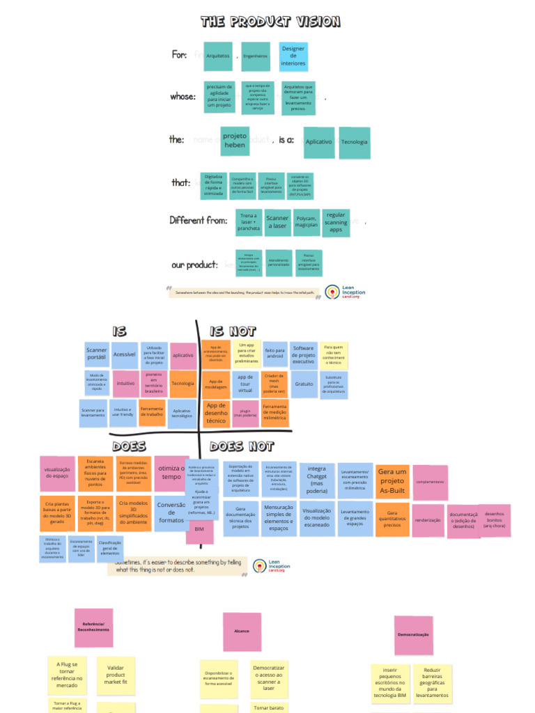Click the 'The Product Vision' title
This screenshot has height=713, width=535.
point(270,22)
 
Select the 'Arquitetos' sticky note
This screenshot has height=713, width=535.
point(218,56)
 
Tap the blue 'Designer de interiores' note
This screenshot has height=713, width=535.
point(293,56)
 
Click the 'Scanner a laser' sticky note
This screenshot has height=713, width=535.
point(277,223)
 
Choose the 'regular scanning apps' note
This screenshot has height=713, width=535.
point(336,223)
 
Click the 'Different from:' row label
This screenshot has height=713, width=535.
point(199,220)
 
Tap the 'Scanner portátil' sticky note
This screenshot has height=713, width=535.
point(96,354)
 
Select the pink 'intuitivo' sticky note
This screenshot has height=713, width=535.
point(125,383)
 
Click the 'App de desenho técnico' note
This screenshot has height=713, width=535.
point(217,412)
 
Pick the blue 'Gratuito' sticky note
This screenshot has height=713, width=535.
point(304,384)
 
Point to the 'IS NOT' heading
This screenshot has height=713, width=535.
point(233,331)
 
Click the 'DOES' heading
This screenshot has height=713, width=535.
point(129,446)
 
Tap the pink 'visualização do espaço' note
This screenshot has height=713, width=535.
point(57,473)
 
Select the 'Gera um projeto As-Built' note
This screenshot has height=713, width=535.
point(391,480)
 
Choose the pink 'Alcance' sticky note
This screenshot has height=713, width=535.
point(242,632)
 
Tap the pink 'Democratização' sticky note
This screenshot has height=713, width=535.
point(413,634)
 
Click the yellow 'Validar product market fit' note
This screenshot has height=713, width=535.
point(116,675)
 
